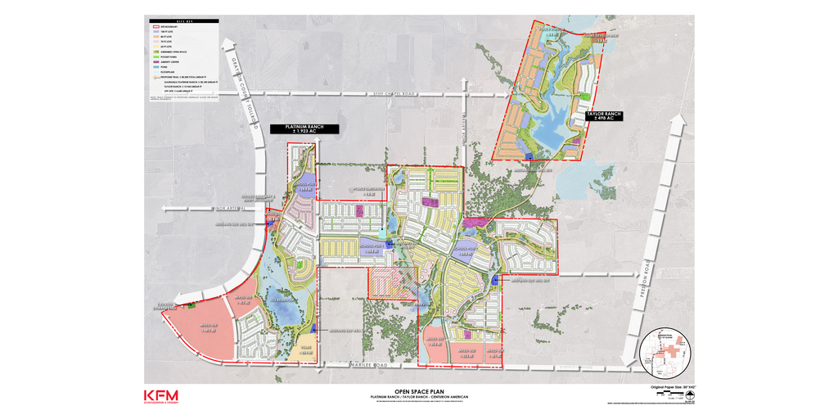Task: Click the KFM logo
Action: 161,395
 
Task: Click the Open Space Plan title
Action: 418,392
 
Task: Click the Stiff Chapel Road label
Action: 399,94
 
